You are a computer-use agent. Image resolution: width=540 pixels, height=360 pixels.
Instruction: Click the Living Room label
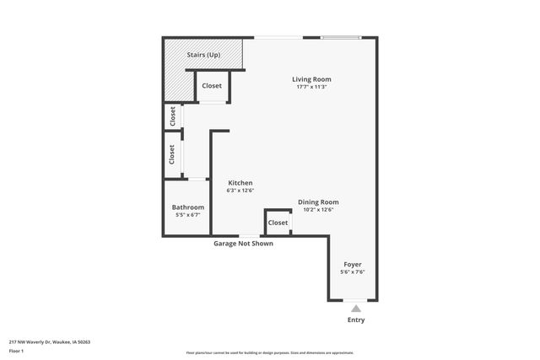(311, 79)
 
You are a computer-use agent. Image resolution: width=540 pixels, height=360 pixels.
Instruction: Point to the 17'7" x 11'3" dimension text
(311, 87)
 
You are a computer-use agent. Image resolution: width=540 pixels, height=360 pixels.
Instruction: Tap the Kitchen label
(240, 183)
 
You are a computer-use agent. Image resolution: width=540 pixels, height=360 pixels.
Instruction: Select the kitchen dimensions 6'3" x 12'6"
(240, 191)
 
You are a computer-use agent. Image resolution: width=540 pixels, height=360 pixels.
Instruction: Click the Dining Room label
(318, 202)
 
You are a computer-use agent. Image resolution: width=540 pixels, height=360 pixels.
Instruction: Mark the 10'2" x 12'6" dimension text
(318, 210)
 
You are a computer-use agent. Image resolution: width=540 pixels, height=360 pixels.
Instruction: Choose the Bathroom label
(187, 207)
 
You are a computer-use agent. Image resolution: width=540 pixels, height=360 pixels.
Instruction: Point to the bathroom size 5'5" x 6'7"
(187, 215)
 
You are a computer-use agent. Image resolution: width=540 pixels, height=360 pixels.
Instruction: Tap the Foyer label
(352, 264)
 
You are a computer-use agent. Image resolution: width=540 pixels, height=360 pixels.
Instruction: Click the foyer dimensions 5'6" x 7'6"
(352, 271)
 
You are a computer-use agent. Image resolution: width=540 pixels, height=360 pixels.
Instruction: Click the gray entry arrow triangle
(356, 309)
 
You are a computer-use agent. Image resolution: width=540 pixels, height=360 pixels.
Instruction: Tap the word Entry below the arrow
(356, 320)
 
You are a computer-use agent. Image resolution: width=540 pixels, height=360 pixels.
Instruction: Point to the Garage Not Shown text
(243, 243)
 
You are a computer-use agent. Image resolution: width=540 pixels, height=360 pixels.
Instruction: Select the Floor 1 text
(15, 351)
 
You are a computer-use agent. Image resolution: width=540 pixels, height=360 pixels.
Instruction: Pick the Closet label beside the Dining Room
(278, 223)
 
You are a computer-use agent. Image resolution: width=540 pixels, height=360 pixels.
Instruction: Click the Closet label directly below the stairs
(212, 86)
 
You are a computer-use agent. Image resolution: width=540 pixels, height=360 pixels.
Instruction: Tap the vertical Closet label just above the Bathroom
(172, 154)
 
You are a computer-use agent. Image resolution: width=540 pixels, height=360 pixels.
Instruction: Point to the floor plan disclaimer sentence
(270, 352)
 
